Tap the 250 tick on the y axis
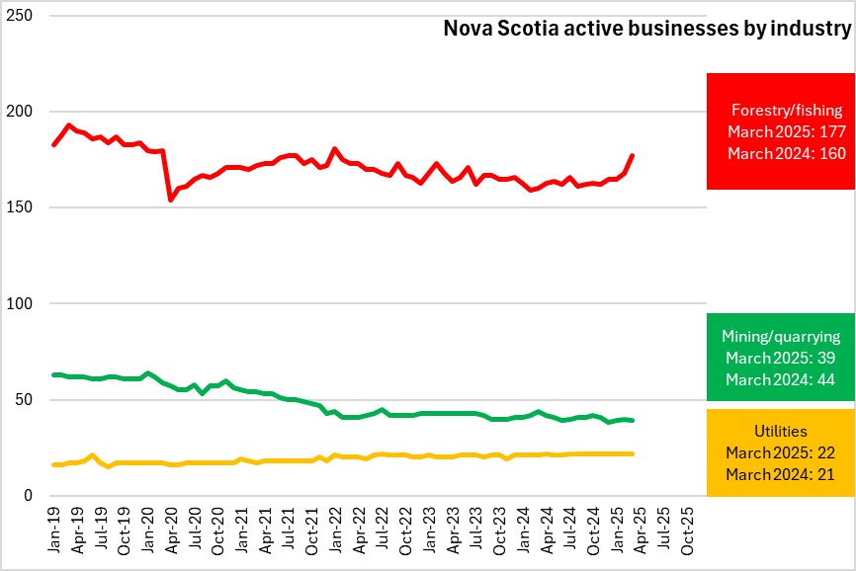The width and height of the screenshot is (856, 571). pyautogui.click(x=21, y=17)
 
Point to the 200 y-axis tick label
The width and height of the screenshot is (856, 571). pyautogui.click(x=21, y=112)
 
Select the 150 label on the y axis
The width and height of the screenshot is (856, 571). pyautogui.click(x=21, y=207)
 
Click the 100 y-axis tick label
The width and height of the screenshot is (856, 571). pyautogui.click(x=21, y=304)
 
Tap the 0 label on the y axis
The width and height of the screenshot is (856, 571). pyautogui.click(x=30, y=496)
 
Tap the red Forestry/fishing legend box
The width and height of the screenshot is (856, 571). pyautogui.click(x=781, y=130)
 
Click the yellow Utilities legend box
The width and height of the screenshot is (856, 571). pyautogui.click(x=781, y=452)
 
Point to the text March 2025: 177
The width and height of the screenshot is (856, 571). pyautogui.click(x=781, y=131)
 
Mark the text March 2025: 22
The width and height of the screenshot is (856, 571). pyautogui.click(x=781, y=453)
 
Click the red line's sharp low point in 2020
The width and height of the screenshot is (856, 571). pyautogui.click(x=171, y=200)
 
